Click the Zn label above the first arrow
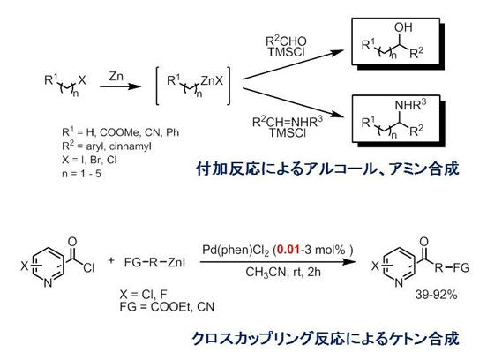[x=116, y=76]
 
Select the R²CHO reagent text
[x=286, y=41]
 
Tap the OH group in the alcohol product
[x=403, y=27]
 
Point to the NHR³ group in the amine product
[x=410, y=105]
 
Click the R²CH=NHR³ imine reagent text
[x=288, y=122]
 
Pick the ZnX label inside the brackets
[x=212, y=81]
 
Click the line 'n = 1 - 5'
[x=81, y=174]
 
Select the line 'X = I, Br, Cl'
[x=89, y=160]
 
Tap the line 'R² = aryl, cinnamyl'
[x=107, y=146]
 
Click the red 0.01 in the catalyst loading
[x=288, y=250]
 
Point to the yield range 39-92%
[x=436, y=295]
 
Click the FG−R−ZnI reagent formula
[x=154, y=263]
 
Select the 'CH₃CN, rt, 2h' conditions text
[x=283, y=272]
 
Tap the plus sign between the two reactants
[x=111, y=260]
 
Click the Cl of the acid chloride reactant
[x=88, y=267]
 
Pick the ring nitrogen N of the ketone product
[x=399, y=282]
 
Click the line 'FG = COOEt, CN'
[x=167, y=307]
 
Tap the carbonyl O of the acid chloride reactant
[x=72, y=242]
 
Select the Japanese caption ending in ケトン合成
[x=326, y=338]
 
